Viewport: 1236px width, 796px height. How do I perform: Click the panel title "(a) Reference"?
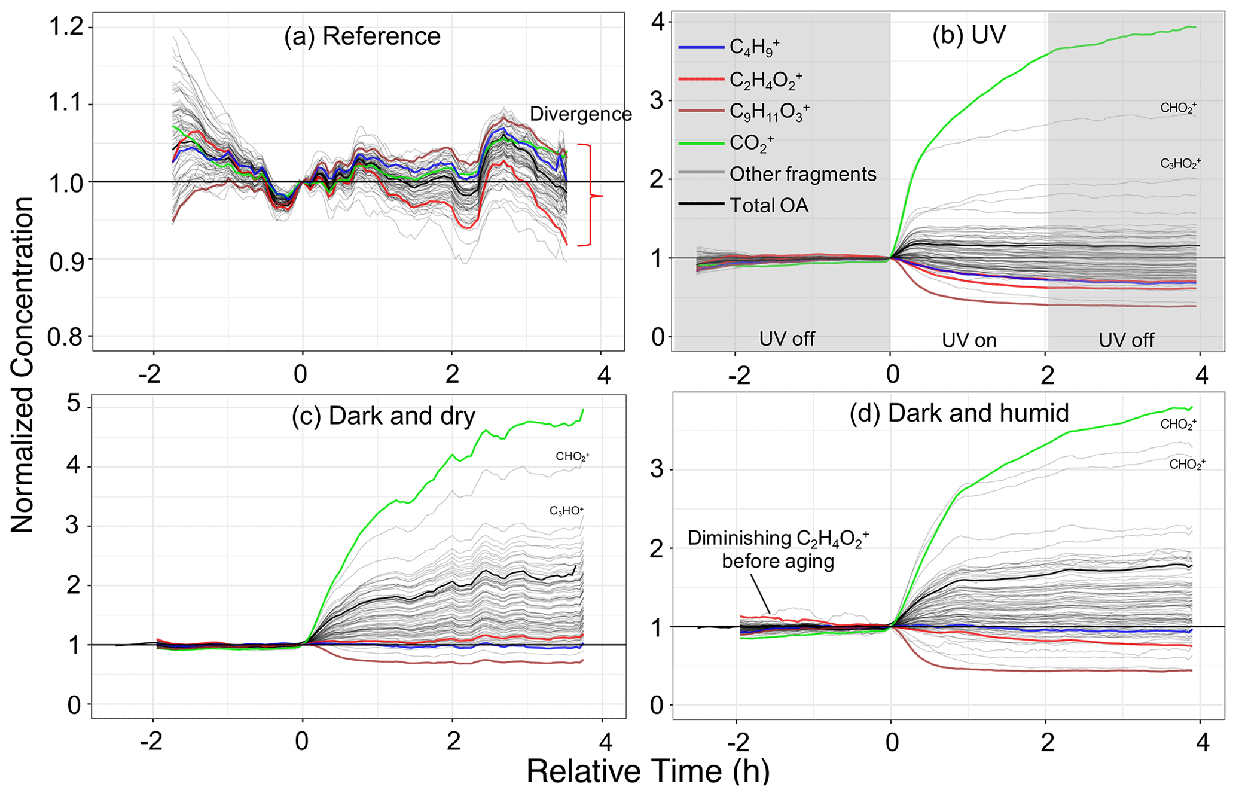tap(362, 36)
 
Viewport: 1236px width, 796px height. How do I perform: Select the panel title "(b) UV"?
tap(968, 36)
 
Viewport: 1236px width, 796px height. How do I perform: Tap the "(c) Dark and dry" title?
tap(383, 416)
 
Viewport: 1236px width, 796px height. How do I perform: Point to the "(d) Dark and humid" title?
tap(959, 413)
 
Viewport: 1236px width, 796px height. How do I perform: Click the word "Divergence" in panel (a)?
tap(581, 114)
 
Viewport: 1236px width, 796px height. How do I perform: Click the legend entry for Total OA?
tap(768, 206)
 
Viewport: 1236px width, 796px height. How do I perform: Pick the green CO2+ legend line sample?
tap(702, 143)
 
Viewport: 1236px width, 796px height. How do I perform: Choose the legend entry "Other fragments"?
tap(802, 174)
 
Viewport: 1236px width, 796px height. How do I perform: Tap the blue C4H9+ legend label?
tap(754, 48)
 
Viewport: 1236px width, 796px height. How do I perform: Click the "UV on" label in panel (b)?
tap(969, 340)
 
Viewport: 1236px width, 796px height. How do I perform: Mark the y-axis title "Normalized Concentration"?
tap(22, 365)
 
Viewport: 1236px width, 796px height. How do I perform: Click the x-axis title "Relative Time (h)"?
tap(648, 771)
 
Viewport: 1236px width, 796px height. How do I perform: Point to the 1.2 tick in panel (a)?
tap(67, 28)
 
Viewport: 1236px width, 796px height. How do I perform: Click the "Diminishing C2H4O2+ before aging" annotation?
tap(778, 550)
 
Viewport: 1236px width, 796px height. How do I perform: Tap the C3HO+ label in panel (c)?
tap(566, 511)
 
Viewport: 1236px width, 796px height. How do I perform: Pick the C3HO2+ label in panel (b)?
tap(1180, 164)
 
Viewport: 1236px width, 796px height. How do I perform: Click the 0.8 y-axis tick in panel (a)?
tap(67, 337)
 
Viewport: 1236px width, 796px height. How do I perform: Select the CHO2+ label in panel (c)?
tap(572, 457)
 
